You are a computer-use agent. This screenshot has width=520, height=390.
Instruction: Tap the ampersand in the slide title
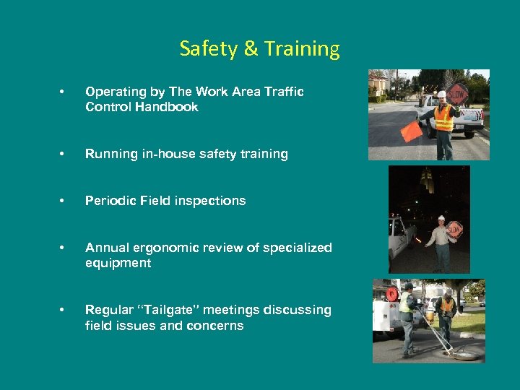pos(250,49)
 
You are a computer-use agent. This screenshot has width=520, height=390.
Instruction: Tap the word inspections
pos(209,201)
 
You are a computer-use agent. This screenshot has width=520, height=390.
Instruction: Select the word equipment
pos(118,263)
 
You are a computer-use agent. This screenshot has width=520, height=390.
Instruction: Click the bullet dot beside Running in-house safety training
pos(64,154)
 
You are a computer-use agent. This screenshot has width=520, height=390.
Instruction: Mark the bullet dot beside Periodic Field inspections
pos(64,201)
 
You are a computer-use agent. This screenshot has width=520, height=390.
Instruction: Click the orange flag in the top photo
pos(412,130)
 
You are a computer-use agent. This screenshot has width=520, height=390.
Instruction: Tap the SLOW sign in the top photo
pos(457,92)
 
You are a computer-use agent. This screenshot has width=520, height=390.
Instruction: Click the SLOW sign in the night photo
pos(454,229)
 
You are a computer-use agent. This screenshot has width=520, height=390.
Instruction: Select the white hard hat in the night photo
pos(441,217)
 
